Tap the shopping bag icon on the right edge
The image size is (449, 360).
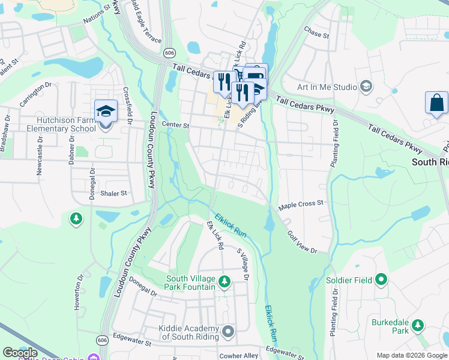click(x=436, y=103)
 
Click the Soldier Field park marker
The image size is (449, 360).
click(x=381, y=280)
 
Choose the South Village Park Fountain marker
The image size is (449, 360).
click(x=224, y=281)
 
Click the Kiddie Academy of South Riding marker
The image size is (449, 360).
click(x=228, y=331)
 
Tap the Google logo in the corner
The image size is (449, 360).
click(x=19, y=353)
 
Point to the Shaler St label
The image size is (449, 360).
click(x=114, y=193)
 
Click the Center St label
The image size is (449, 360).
click(x=178, y=126)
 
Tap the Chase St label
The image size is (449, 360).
click(x=317, y=32)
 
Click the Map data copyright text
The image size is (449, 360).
click(x=403, y=355)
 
